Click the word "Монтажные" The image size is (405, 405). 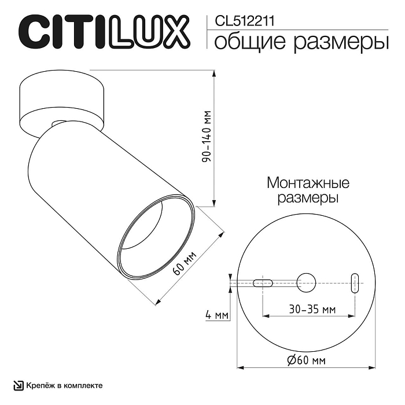pos(307,184)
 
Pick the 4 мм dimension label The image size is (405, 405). pos(216,315)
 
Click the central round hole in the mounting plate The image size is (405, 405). pos(307,282)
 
